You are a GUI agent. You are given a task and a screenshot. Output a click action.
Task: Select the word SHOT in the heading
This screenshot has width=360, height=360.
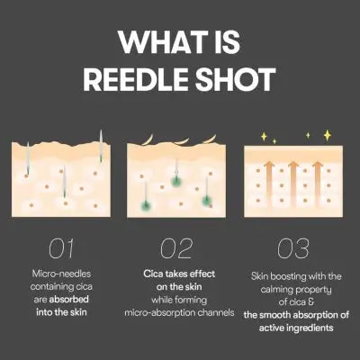(235, 80)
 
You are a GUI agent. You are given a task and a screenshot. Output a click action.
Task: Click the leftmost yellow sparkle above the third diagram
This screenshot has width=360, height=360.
(263, 137)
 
